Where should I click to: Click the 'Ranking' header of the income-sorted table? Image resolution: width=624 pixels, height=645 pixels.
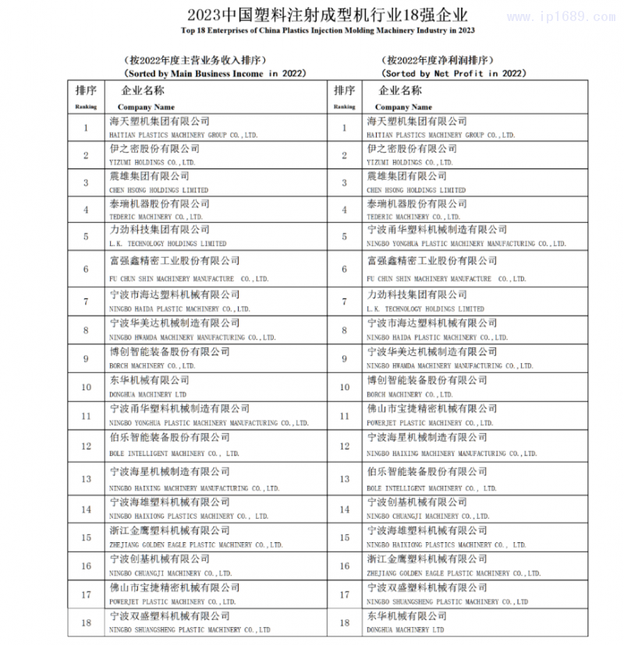(86, 107)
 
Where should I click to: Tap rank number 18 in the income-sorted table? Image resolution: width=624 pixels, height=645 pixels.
(86, 622)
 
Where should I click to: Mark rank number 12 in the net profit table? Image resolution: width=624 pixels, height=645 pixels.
(343, 446)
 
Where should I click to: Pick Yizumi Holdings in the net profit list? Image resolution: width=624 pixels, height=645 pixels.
(409, 155)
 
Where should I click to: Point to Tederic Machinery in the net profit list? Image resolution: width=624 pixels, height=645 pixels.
(417, 210)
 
